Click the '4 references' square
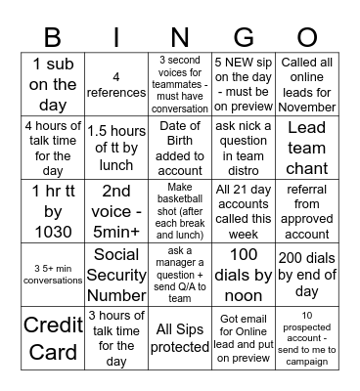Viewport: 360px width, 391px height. coord(116,85)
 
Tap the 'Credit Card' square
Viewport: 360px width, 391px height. coord(52,337)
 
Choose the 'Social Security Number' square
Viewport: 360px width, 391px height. coord(116,274)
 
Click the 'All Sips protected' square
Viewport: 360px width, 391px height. coord(180,337)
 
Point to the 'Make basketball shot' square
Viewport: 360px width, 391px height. coord(180,210)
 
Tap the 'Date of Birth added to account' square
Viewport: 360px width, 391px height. coord(180,147)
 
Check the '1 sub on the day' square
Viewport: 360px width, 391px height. coord(52,85)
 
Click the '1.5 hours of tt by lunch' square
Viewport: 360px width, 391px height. coord(116,147)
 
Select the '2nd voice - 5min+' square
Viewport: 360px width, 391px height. coord(116,210)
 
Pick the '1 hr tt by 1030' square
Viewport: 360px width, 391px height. coord(52,210)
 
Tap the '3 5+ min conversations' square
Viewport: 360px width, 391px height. coord(52,274)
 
